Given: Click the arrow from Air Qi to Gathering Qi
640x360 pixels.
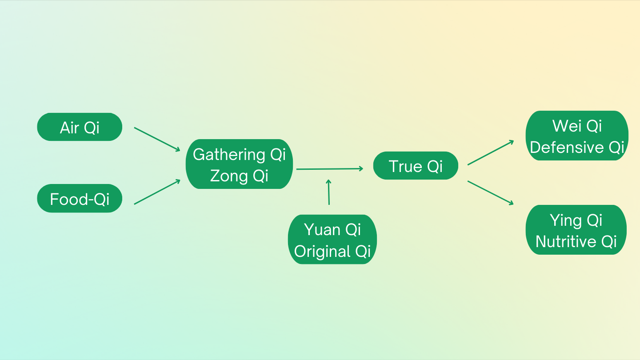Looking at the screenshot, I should (157, 139).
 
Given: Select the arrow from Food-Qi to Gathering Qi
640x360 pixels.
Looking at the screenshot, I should (157, 192).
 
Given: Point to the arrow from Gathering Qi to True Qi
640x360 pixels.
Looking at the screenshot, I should (329, 169).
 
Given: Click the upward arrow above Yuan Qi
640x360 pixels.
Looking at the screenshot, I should (329, 192).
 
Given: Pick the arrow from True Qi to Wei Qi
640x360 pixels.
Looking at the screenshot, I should (490, 153).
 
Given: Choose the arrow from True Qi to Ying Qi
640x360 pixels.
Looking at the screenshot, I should (490, 192).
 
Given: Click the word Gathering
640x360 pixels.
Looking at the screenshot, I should (229, 154).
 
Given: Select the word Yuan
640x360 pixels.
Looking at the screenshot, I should (322, 230).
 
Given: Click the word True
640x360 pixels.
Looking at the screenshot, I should (405, 166).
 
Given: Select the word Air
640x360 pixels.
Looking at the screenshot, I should (69, 128).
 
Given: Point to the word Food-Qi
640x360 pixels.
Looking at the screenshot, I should (80, 199).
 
